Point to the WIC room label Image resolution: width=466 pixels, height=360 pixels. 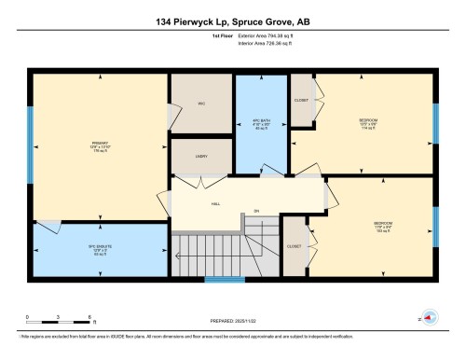click(199, 104)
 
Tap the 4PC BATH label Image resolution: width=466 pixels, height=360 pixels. click(261, 124)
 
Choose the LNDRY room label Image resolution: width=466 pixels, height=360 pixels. click(201, 158)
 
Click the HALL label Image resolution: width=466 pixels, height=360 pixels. click(215, 202)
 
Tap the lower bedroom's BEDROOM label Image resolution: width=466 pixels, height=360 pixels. click(383, 224)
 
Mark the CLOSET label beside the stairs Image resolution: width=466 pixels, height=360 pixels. click(294, 247)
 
